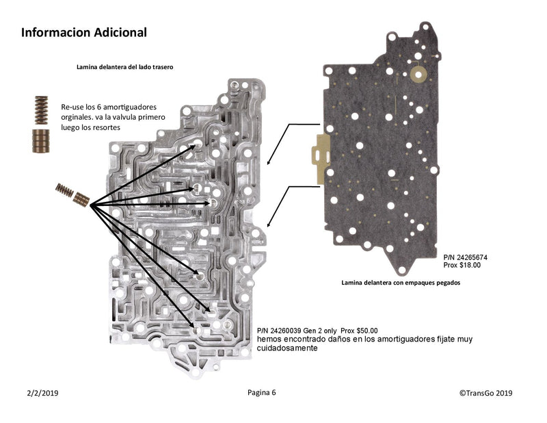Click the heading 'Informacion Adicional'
tap(83, 32)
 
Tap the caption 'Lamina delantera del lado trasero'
tap(124, 68)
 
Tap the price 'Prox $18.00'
tap(462, 265)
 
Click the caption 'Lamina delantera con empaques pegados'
tap(400, 282)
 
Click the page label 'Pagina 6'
tap(262, 393)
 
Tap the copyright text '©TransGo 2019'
tap(486, 393)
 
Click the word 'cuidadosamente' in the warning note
tap(287, 348)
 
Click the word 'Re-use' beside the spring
tap(72, 108)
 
